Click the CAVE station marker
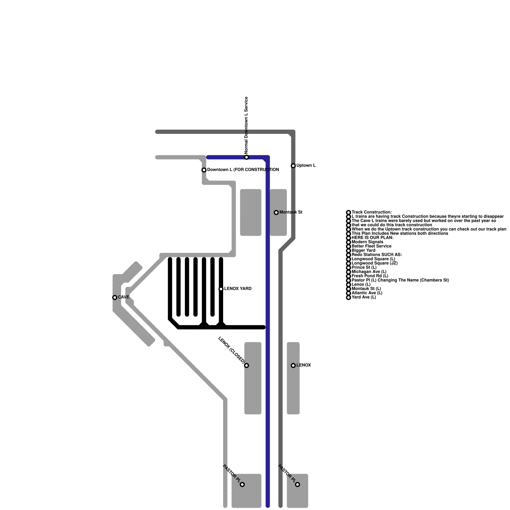point(115,297)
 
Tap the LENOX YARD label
point(238,289)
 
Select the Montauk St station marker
point(276,212)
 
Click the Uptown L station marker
point(293,166)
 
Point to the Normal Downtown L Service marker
point(246,157)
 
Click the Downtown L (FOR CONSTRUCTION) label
point(243,170)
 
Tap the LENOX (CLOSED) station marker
point(246,365)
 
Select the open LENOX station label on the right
point(303,365)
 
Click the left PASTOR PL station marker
point(242,484)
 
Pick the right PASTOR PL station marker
point(297,484)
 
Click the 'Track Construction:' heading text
point(372,212)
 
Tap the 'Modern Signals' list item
point(367,242)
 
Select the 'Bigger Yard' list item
point(363,251)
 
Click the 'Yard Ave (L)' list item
point(364,297)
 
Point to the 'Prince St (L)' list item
point(364,267)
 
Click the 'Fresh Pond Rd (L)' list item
point(370,276)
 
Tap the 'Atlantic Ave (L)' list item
point(367,293)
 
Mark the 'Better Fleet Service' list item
point(371,246)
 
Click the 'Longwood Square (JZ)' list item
point(375,263)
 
